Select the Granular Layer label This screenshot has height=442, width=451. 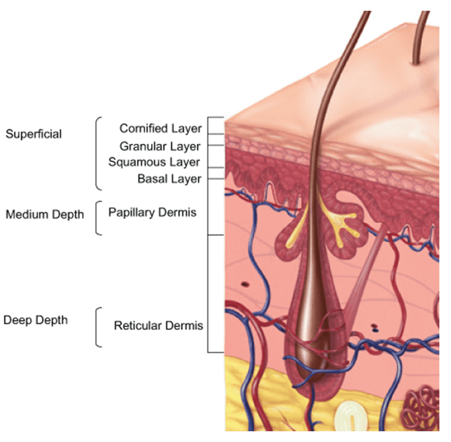click(x=160, y=146)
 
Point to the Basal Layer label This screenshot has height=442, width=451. click(x=169, y=179)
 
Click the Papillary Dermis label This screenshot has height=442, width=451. click(x=153, y=212)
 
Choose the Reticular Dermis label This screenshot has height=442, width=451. click(x=158, y=326)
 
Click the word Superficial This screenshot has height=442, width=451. click(x=34, y=134)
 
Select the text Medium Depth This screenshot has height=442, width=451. click(x=45, y=215)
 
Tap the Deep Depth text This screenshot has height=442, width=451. click(x=36, y=320)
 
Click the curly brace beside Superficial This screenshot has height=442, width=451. click(x=98, y=153)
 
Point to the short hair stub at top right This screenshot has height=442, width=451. click(x=420, y=41)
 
